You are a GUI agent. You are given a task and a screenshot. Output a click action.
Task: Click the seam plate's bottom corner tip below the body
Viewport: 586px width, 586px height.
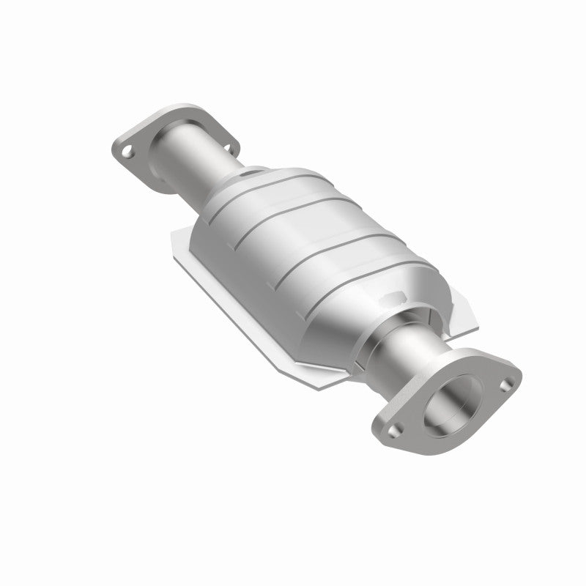point(322,387)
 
